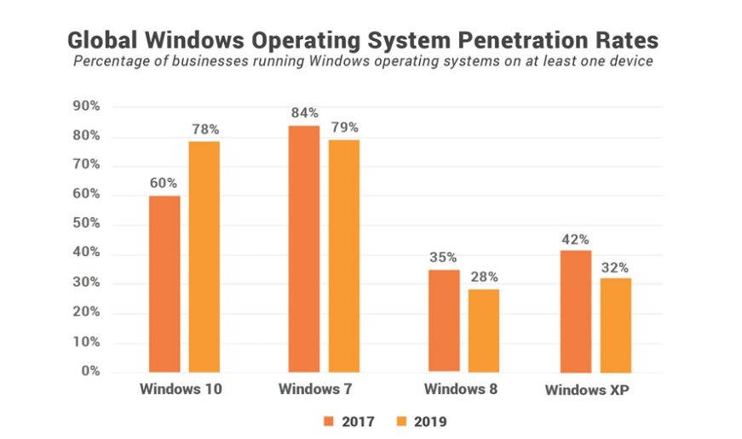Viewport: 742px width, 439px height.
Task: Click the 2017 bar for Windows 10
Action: pyautogui.click(x=164, y=284)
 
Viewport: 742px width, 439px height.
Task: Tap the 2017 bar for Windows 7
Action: pyautogui.click(x=303, y=248)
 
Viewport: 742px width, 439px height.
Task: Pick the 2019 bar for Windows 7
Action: pyautogui.click(x=343, y=256)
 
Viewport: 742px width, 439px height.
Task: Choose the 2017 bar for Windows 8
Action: pyautogui.click(x=443, y=321)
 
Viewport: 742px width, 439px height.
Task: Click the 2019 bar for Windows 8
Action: pyautogui.click(x=483, y=331)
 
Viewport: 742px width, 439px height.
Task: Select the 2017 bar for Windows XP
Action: pyautogui.click(x=575, y=311)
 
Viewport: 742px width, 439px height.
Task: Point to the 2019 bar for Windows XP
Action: pyautogui.click(x=615, y=325)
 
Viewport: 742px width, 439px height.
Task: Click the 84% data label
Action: pyautogui.click(x=303, y=113)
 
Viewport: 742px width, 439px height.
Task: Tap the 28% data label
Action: pyautogui.click(x=483, y=277)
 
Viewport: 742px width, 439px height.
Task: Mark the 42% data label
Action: pyautogui.click(x=575, y=239)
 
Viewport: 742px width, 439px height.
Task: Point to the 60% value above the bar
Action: pyautogui.click(x=164, y=183)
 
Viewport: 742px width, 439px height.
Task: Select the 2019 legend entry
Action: pyautogui.click(x=421, y=420)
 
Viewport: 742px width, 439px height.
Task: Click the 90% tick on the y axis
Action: pyautogui.click(x=88, y=106)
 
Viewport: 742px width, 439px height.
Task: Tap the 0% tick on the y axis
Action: pyautogui.click(x=91, y=372)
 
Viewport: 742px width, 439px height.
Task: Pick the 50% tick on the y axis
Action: pyautogui.click(x=88, y=225)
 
